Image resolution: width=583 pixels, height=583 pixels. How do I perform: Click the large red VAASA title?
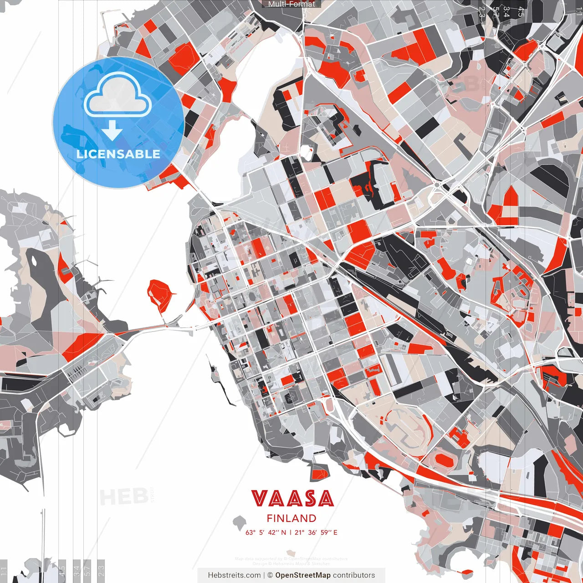(x=292, y=499)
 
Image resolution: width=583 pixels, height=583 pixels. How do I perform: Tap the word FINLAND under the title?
(x=291, y=518)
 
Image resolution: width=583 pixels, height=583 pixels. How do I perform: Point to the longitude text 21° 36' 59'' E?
(x=316, y=532)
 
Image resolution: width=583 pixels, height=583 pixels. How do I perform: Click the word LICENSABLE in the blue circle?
(x=118, y=154)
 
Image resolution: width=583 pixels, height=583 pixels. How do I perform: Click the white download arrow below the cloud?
(x=112, y=131)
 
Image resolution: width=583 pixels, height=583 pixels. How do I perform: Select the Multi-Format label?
(x=291, y=4)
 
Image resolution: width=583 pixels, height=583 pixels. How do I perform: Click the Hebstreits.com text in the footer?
(x=234, y=575)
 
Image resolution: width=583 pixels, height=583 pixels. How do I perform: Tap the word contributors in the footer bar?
(x=354, y=575)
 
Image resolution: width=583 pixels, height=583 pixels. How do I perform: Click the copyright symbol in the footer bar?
(x=270, y=575)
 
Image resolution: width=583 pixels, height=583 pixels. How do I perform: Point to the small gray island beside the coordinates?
(x=239, y=521)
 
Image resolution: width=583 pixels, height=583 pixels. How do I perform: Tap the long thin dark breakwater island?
(x=221, y=383)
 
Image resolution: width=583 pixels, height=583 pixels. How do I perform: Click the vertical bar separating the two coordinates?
(x=291, y=532)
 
